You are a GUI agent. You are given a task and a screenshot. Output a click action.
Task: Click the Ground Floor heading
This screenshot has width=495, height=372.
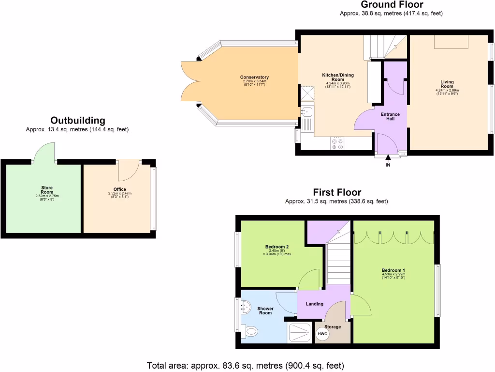pos(392,5)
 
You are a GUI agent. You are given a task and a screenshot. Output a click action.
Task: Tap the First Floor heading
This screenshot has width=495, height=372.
pos(336,192)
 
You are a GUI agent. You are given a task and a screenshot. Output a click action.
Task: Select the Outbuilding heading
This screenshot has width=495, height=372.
pos(77,121)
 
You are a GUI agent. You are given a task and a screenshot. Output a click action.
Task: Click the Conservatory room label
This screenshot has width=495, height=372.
pos(254,77)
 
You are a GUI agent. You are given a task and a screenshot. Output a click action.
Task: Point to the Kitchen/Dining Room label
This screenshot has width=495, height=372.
pos(338,77)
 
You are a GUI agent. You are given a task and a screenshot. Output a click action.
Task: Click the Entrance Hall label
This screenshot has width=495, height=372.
pos(390,116)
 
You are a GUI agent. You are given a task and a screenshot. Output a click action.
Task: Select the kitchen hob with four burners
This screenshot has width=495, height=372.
pos(337,143)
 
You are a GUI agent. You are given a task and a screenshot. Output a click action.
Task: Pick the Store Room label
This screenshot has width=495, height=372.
pos(47,190)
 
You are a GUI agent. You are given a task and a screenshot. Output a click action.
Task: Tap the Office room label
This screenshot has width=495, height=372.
pos(119,189)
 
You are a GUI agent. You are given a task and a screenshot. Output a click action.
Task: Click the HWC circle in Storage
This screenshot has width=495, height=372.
pos(322,334)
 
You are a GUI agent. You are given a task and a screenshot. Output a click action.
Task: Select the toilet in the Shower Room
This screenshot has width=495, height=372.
pos(250,331)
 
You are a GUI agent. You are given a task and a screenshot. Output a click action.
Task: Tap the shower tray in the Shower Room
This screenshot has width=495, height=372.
pos(300,332)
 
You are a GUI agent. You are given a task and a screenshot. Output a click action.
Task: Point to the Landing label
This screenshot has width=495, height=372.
pos(315,304)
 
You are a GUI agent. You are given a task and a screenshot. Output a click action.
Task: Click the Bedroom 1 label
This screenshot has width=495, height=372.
pos(393,270)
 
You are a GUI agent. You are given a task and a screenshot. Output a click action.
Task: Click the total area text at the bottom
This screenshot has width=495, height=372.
pos(246,365)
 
